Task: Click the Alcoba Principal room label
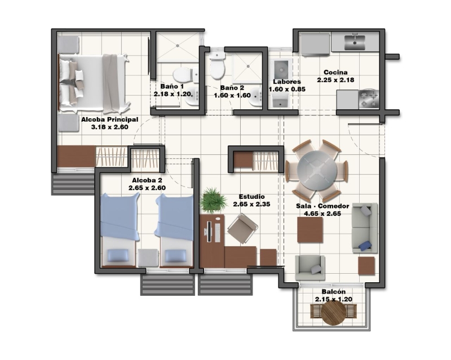(109, 119)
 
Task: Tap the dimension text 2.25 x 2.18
(335, 80)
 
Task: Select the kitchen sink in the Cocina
(355, 43)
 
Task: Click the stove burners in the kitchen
(369, 99)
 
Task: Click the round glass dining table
(317, 170)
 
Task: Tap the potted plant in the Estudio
(213, 201)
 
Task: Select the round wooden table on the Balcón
(334, 312)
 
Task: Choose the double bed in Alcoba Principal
(94, 83)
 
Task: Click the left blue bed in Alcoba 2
(119, 230)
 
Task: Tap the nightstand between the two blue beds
(148, 257)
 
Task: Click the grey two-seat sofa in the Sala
(365, 228)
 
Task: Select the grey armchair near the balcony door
(310, 268)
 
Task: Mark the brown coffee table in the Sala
(310, 230)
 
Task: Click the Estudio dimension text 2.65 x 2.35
(251, 204)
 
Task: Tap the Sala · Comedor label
(322, 206)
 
